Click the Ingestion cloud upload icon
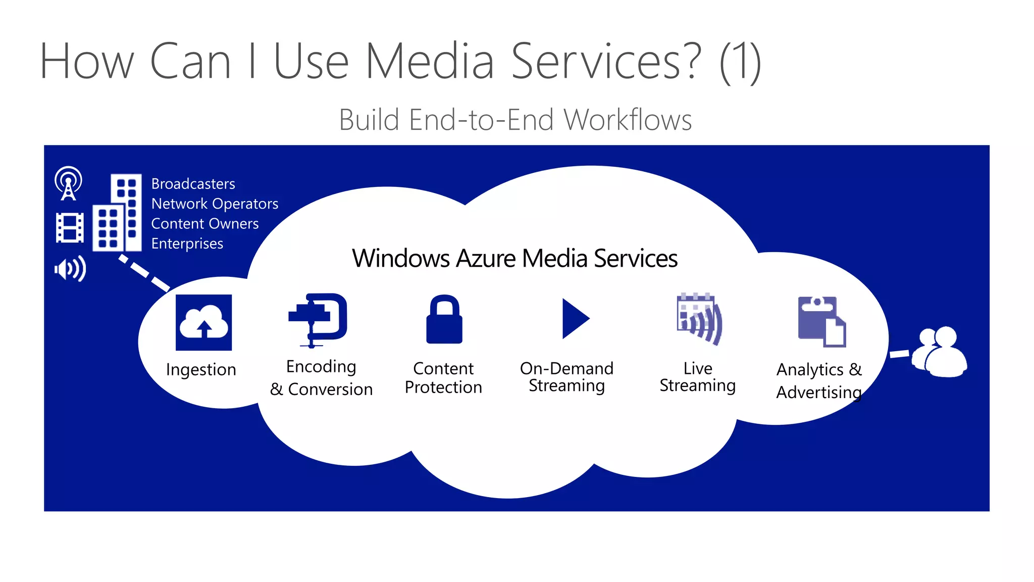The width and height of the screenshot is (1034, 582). click(x=203, y=322)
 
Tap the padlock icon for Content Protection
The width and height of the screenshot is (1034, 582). click(x=444, y=320)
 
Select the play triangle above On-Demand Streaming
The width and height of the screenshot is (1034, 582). click(x=575, y=319)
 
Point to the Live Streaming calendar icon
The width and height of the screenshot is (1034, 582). click(x=699, y=319)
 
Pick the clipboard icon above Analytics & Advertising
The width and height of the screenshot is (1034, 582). click(x=821, y=321)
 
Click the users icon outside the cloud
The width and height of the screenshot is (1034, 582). click(x=940, y=352)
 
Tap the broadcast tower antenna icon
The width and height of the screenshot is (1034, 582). click(x=68, y=183)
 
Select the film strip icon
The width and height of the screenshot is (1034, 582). click(x=70, y=228)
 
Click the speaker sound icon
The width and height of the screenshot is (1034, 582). click(x=70, y=269)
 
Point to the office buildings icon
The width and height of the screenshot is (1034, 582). click(x=117, y=213)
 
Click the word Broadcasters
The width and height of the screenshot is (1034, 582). click(x=193, y=184)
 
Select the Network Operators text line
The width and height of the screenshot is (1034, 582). click(x=215, y=204)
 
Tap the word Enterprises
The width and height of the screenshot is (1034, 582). click(x=187, y=244)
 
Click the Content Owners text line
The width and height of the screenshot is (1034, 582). click(x=204, y=224)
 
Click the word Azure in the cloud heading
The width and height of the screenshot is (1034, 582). click(x=486, y=258)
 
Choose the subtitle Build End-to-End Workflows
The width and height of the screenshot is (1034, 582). click(x=515, y=120)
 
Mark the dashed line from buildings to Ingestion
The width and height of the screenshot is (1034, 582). click(x=144, y=273)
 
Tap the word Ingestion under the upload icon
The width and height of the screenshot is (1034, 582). click(x=201, y=370)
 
